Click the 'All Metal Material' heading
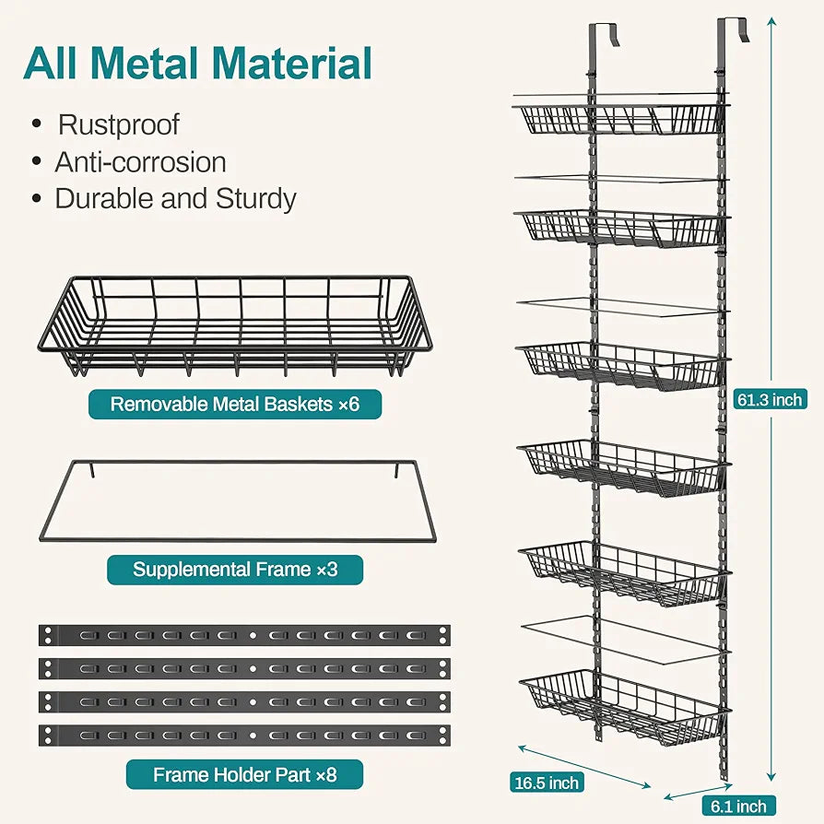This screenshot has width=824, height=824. (198, 63)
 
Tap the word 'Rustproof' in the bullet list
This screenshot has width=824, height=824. (118, 124)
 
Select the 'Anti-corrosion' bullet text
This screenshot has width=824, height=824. (140, 162)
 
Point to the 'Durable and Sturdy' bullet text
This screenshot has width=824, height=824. (175, 199)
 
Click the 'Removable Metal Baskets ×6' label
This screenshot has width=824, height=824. (234, 404)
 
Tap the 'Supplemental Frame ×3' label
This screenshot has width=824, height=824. (235, 569)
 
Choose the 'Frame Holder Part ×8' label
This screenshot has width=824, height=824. (244, 775)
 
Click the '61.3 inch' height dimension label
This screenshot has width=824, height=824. (771, 399)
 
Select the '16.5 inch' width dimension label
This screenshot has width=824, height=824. (547, 783)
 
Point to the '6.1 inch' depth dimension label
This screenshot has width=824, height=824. (737, 806)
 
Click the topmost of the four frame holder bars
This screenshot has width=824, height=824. (244, 636)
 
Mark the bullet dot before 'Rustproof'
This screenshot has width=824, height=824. (37, 124)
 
